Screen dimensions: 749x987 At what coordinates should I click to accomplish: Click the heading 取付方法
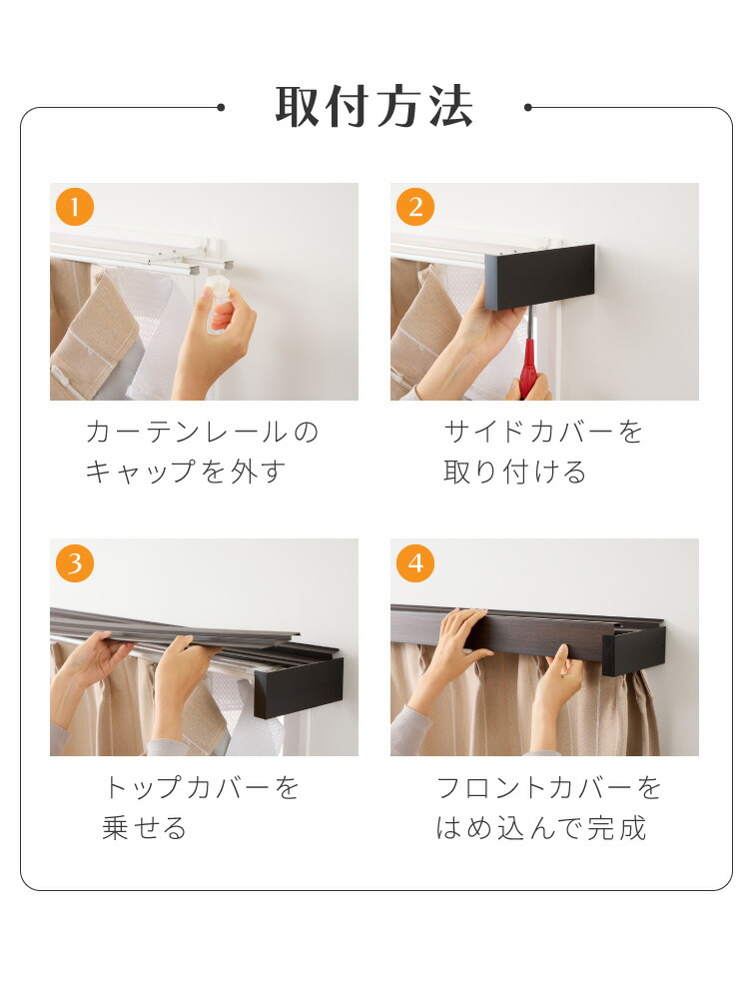pos(374,107)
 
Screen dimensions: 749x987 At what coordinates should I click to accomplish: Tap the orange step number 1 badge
pos(75,207)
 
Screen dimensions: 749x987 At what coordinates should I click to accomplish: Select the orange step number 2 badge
pos(415,207)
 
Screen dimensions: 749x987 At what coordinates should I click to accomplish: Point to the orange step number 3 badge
pos(75,562)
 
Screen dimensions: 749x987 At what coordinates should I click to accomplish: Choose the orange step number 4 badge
pos(415,562)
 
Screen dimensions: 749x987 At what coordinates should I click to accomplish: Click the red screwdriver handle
pos(527,369)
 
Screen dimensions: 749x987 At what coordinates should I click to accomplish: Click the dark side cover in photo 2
pos(539,277)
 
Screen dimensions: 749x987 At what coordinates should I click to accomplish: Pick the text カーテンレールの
pos(203,433)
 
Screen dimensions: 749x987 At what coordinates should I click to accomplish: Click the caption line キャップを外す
pos(186,473)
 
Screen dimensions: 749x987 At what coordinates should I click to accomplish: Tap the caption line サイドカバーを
pos(543,433)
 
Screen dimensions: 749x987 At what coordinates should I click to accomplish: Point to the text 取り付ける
pos(515,473)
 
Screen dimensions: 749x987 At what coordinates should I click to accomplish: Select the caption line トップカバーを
pos(202,788)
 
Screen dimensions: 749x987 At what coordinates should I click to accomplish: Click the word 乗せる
pos(145,828)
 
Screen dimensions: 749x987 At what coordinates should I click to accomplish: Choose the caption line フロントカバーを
pos(548,788)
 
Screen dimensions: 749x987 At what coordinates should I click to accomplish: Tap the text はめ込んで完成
pos(541,828)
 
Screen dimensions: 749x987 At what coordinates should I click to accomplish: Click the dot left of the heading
pos(221,108)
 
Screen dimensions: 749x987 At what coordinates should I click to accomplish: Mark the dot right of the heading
pos(527,108)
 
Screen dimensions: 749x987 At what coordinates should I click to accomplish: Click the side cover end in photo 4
pos(634,651)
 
